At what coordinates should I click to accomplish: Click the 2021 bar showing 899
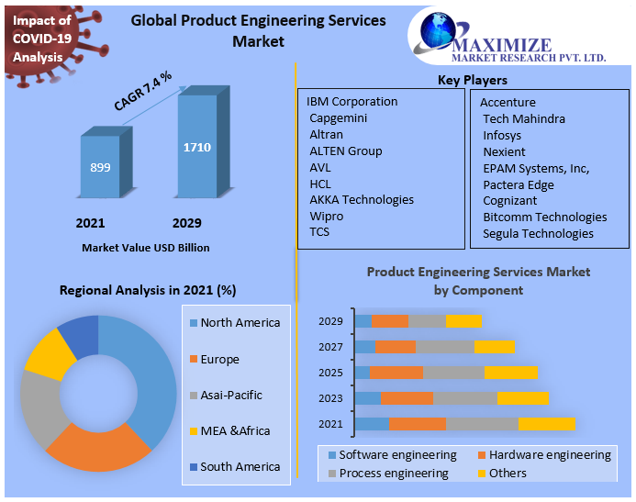coord(100,167)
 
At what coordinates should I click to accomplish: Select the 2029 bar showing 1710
coord(197,147)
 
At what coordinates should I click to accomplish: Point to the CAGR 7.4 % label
coord(142,90)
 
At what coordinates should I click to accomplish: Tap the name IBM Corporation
coord(352,101)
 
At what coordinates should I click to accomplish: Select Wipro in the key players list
coord(327,216)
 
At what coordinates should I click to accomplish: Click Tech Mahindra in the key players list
coord(524,118)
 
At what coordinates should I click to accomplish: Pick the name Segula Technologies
coord(538,233)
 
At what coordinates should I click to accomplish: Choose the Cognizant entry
coord(510,200)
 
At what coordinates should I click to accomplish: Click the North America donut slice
coord(147,367)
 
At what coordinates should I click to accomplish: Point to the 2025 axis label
coord(330,373)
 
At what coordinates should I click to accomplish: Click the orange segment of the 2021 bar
coord(417,424)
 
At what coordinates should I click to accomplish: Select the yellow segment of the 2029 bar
coord(463,321)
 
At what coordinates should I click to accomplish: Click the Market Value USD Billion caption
coord(146,248)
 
